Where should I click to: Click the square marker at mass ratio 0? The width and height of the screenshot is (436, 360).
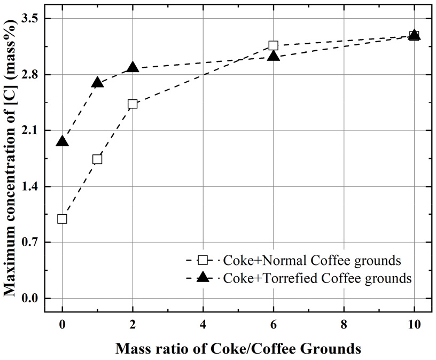pyautogui.click(x=62, y=218)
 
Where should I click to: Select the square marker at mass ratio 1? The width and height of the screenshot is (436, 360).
pyautogui.click(x=97, y=159)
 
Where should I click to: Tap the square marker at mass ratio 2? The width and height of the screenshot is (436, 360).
pyautogui.click(x=133, y=104)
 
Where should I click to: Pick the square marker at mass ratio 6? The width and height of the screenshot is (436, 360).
pyautogui.click(x=273, y=45)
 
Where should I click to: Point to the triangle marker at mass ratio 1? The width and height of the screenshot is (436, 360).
pyautogui.click(x=97, y=82)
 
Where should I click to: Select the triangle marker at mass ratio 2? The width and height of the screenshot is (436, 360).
pyautogui.click(x=133, y=67)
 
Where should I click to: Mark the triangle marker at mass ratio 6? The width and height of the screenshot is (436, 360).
pyautogui.click(x=273, y=56)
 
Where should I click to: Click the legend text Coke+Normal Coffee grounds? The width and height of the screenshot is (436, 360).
pyautogui.click(x=312, y=261)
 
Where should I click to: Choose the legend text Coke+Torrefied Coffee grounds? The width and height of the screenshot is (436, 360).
pyautogui.click(x=317, y=278)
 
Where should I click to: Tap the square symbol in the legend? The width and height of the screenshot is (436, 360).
pyautogui.click(x=203, y=261)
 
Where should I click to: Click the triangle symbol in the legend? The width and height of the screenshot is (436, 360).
pyautogui.click(x=203, y=277)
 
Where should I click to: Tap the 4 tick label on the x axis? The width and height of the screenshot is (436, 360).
pyautogui.click(x=203, y=324)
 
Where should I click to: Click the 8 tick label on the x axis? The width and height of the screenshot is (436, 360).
pyautogui.click(x=344, y=324)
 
